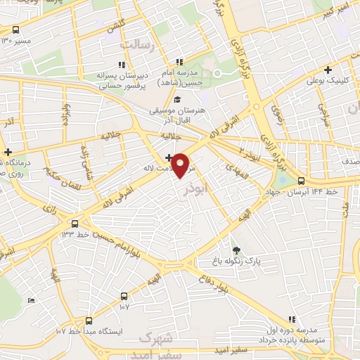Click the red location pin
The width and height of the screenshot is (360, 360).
pos(182,165)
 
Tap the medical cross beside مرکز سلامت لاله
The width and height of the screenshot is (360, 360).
pos(169,157)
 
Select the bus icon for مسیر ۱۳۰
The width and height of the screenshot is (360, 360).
pos(15,30)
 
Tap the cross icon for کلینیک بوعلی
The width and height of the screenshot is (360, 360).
pos(328,70)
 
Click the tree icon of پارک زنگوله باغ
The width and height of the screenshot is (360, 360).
pos(236,250)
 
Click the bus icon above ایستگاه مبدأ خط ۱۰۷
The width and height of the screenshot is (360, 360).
pos(88,319)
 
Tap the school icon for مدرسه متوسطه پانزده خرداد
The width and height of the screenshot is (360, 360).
pos(292,319)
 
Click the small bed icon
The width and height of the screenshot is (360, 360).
pos(30,301)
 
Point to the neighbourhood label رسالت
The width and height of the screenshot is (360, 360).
pos(136,45)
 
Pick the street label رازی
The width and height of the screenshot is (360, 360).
pos(51,209)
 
